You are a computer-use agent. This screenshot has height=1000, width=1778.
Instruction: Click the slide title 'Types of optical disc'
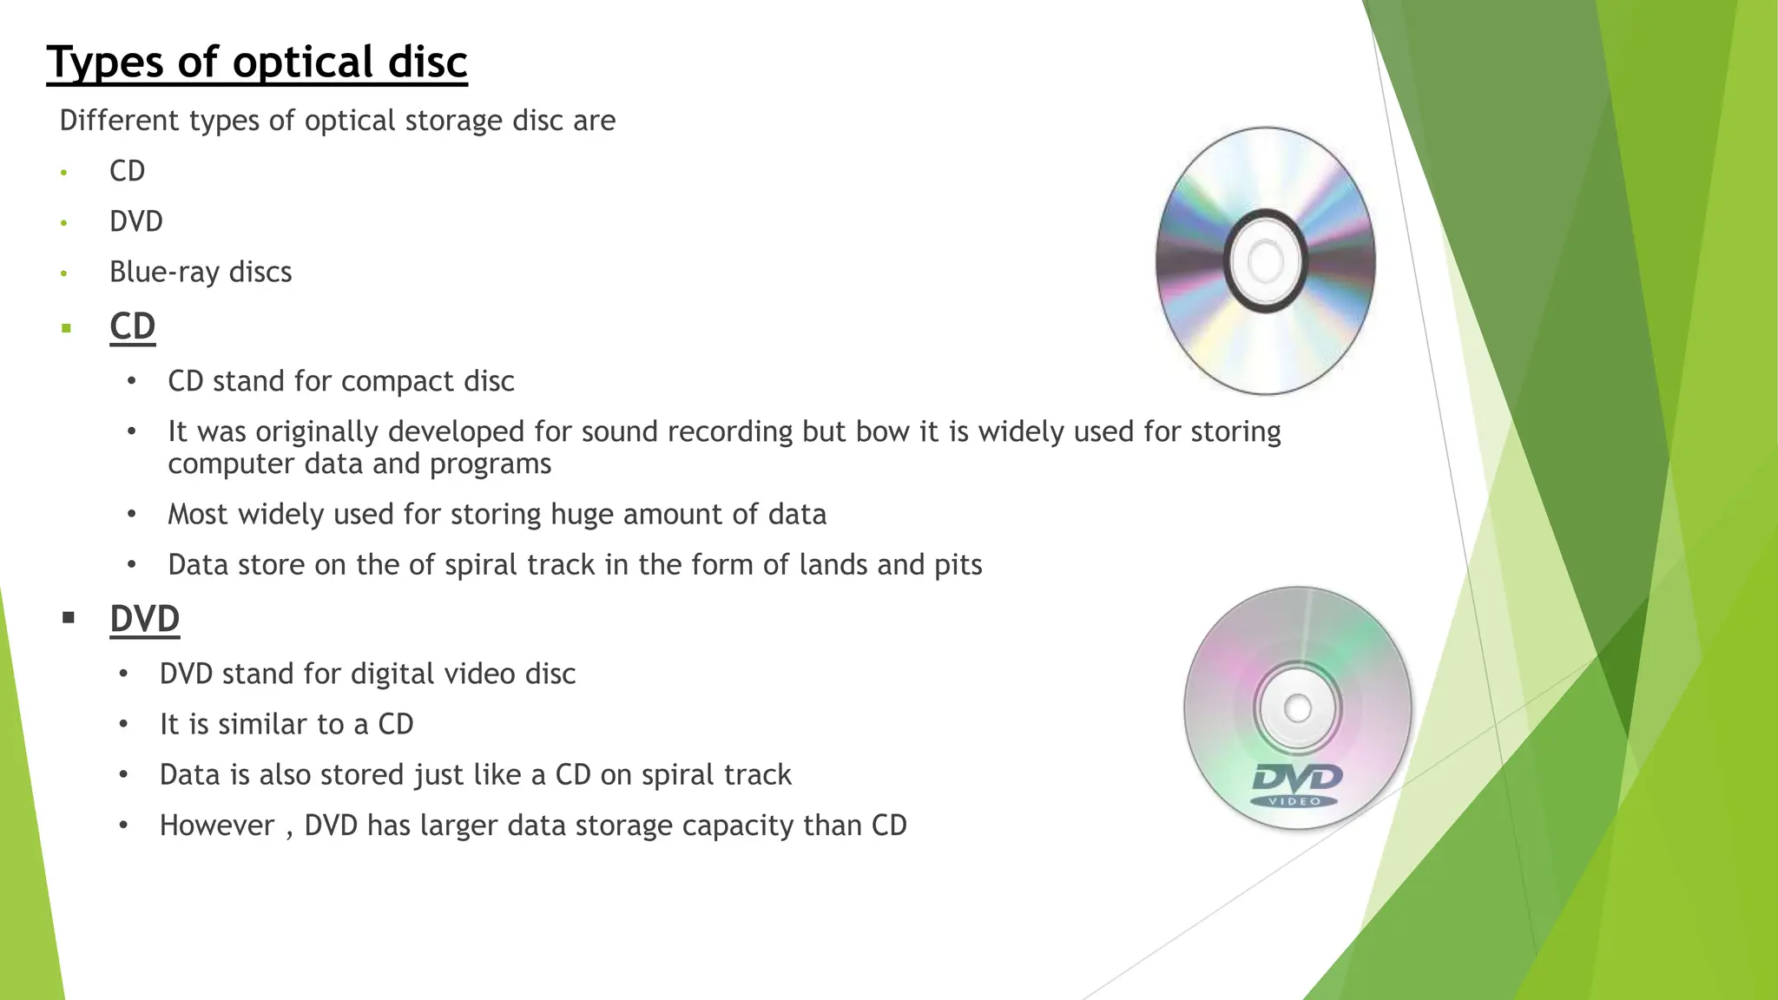point(257,62)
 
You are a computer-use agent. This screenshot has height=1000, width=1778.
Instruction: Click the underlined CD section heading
point(132,326)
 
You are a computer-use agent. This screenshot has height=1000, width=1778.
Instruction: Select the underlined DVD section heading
point(144,619)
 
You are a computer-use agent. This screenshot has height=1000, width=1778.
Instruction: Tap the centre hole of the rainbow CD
point(1265,260)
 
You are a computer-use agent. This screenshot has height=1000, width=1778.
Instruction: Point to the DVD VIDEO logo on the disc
point(1296,784)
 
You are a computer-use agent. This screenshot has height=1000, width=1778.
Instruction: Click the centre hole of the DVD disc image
point(1297,708)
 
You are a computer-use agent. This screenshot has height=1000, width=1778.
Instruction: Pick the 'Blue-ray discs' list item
point(200,272)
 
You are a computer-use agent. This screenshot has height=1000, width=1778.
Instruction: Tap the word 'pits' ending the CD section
point(958,565)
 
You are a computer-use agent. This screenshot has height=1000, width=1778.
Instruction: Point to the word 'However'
point(216,826)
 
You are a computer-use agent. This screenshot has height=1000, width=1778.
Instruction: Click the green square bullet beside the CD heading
point(66,328)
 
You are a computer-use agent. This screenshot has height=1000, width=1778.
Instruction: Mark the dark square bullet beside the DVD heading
point(69,618)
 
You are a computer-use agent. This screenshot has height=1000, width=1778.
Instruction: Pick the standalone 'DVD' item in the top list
point(135,221)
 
